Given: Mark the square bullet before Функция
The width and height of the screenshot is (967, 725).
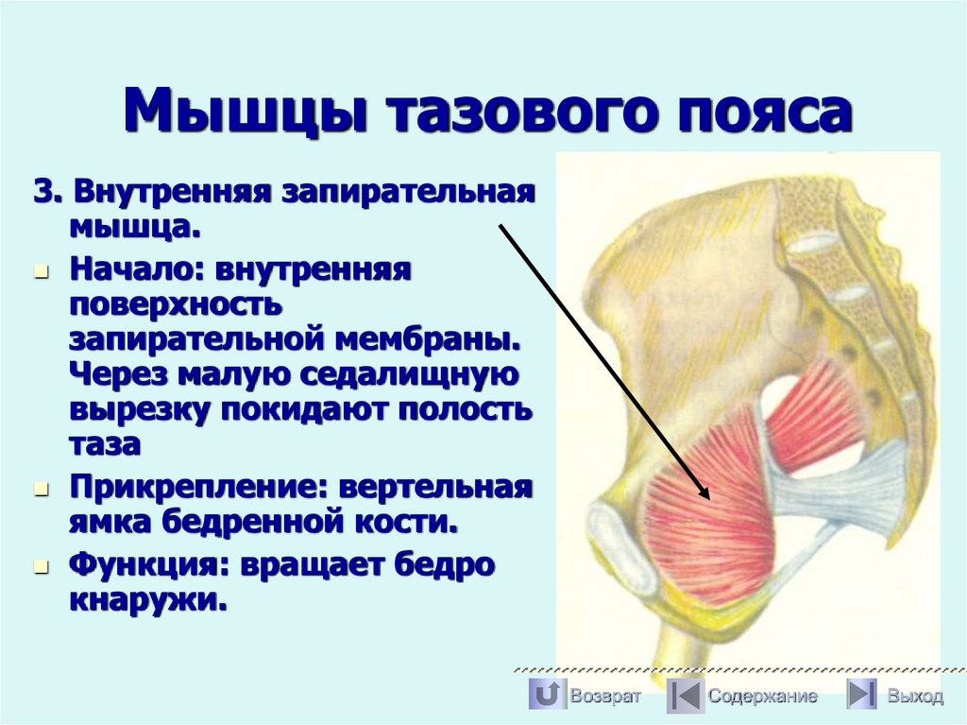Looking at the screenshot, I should (41, 567).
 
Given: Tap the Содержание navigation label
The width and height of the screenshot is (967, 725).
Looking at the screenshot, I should (763, 697).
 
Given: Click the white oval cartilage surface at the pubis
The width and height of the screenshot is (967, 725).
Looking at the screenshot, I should (621, 548).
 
